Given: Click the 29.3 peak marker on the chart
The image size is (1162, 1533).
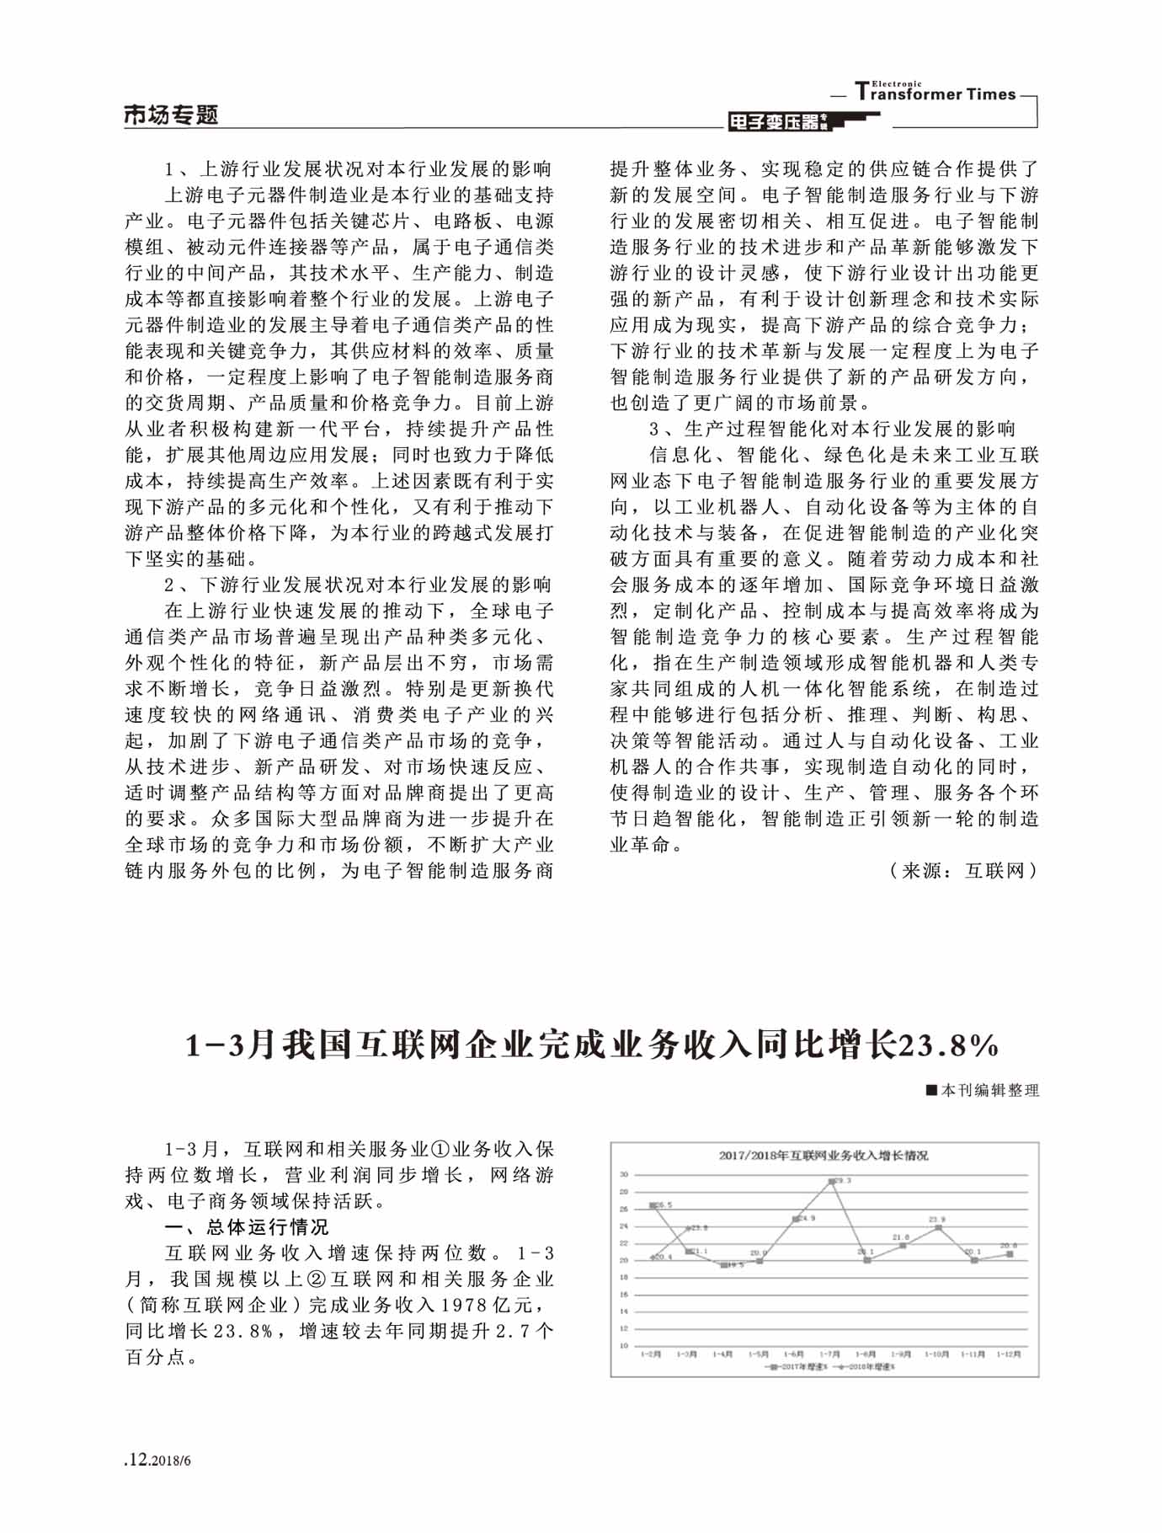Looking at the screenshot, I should (832, 1182).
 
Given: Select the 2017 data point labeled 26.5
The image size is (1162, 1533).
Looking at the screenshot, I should (653, 1206).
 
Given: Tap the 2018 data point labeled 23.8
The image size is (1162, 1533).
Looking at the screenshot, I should (689, 1229).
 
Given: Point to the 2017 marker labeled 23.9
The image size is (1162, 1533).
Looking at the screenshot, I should (938, 1227).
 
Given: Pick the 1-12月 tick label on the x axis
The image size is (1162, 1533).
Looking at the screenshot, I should (1009, 1354).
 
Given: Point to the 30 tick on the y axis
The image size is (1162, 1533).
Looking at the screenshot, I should (624, 1174).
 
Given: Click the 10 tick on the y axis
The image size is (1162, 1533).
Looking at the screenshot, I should (624, 1345).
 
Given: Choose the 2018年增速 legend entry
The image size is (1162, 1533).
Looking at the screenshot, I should (861, 1366).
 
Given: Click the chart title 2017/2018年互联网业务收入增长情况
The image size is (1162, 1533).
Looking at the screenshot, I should (824, 1156).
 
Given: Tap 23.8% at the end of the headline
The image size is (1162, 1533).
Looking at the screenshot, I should (950, 1046).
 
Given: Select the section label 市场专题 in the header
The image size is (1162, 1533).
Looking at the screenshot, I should (171, 115).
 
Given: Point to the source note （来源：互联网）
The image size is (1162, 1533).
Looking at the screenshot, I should (962, 871).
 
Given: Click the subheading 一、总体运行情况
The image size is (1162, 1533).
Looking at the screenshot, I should (246, 1226).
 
